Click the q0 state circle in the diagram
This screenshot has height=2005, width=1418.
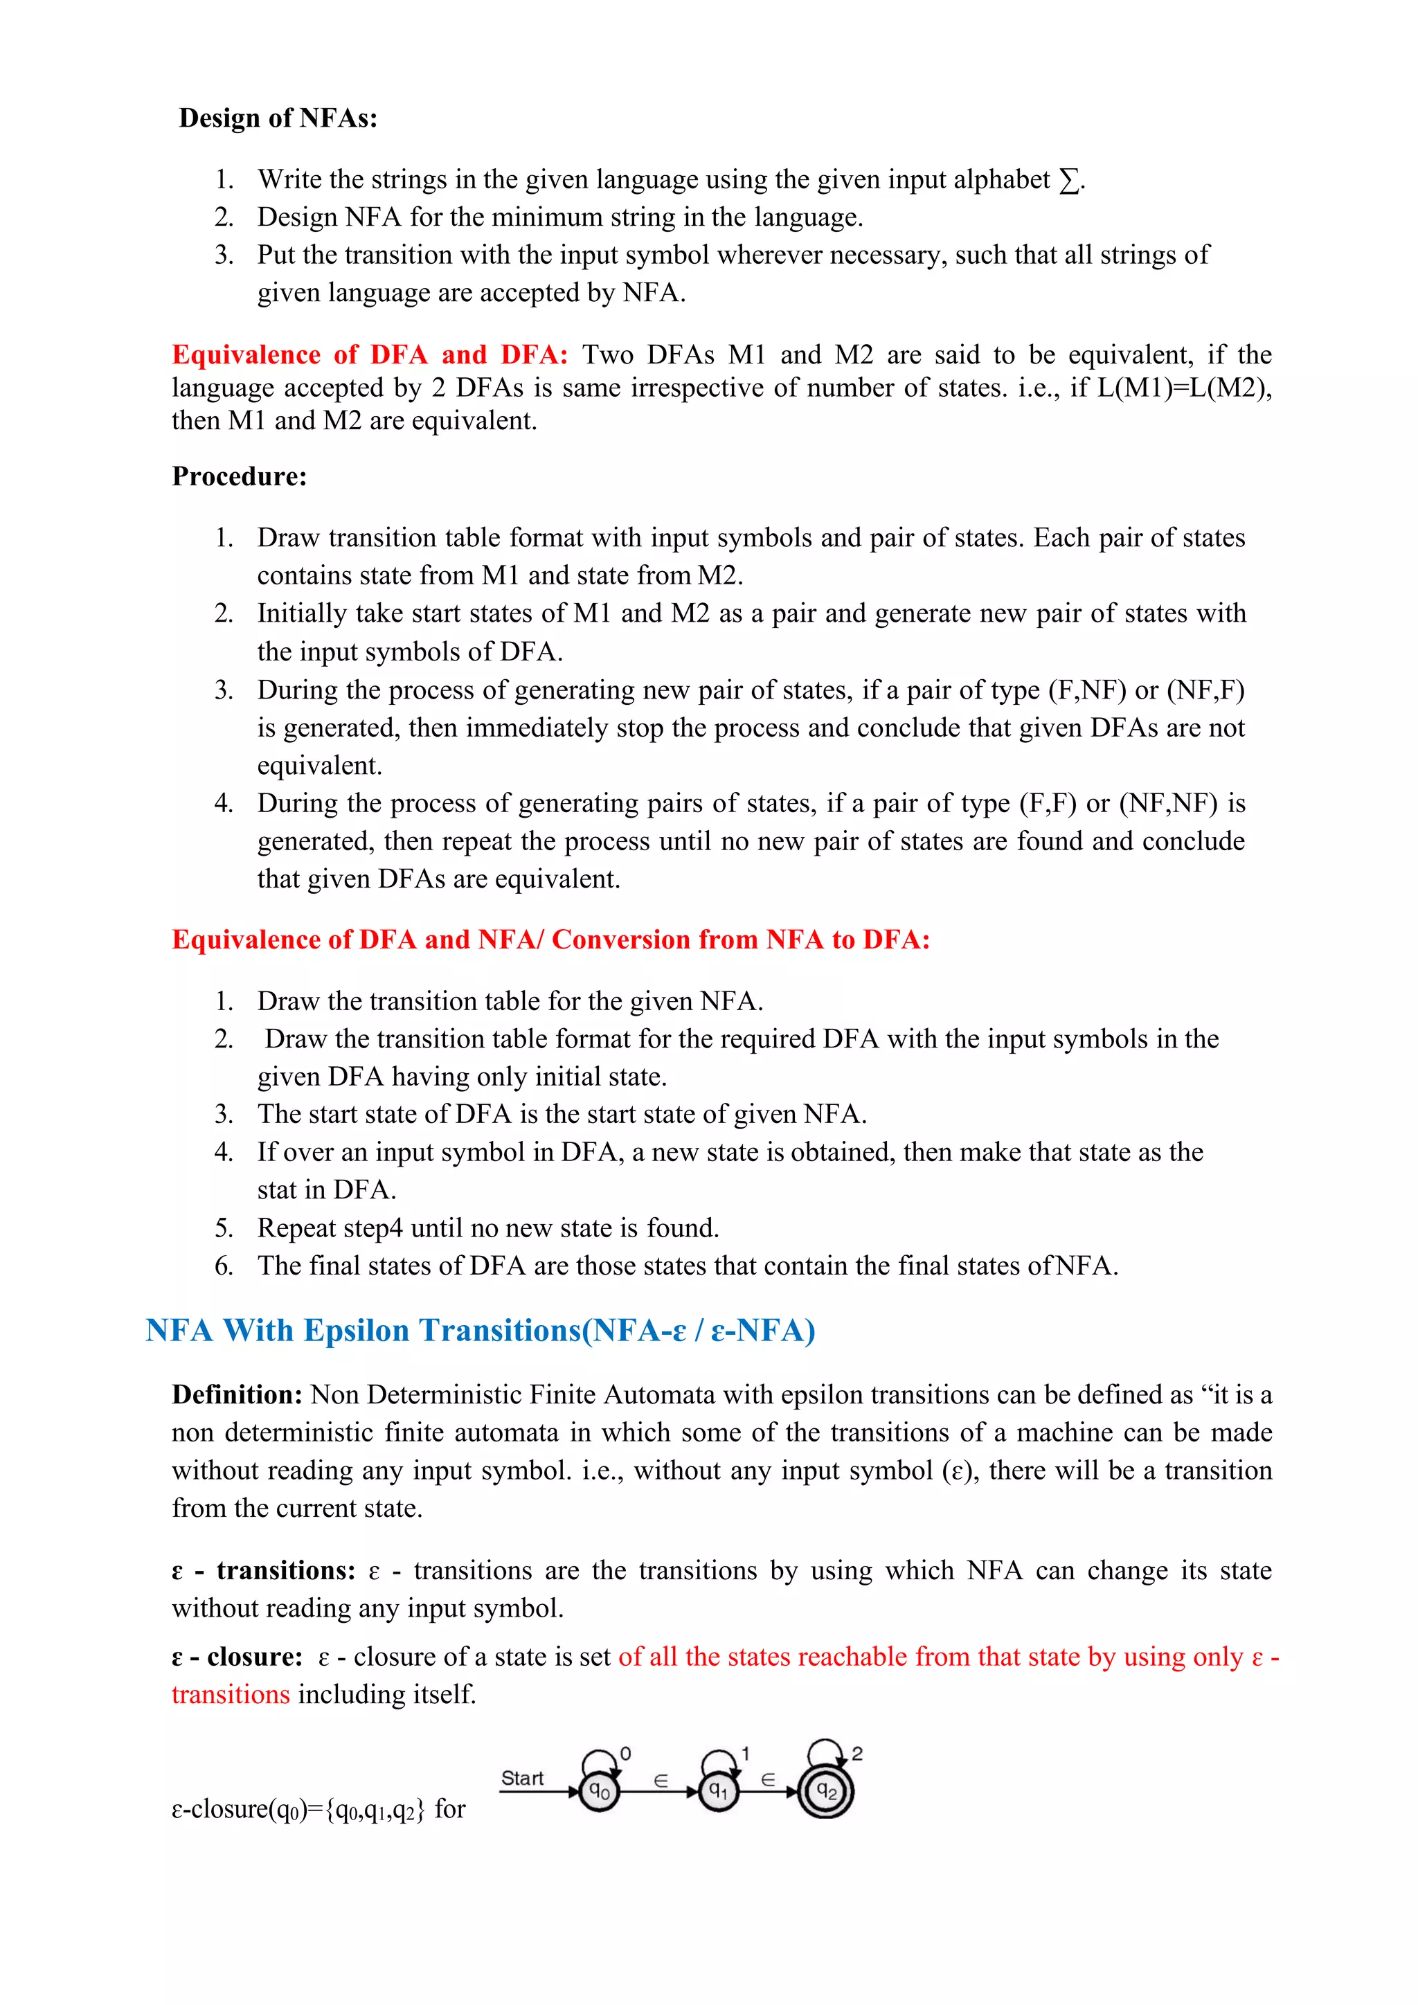click(600, 1792)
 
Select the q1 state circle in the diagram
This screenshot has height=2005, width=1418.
click(718, 1792)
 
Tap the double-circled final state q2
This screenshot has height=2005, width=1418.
click(826, 1792)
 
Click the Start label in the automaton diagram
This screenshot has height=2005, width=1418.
click(522, 1778)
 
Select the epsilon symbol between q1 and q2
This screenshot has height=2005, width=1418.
click(769, 1779)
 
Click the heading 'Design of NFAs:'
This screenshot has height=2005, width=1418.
click(278, 118)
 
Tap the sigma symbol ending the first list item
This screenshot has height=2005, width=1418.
click(1069, 180)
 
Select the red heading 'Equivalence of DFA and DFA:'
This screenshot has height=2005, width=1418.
click(369, 354)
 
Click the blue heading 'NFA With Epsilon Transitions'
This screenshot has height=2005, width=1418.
click(481, 1330)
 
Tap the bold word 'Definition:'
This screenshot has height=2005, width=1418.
click(237, 1394)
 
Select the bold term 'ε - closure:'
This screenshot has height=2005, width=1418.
click(237, 1657)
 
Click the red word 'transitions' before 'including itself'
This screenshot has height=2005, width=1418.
click(231, 1694)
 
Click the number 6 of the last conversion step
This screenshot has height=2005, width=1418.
click(224, 1266)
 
